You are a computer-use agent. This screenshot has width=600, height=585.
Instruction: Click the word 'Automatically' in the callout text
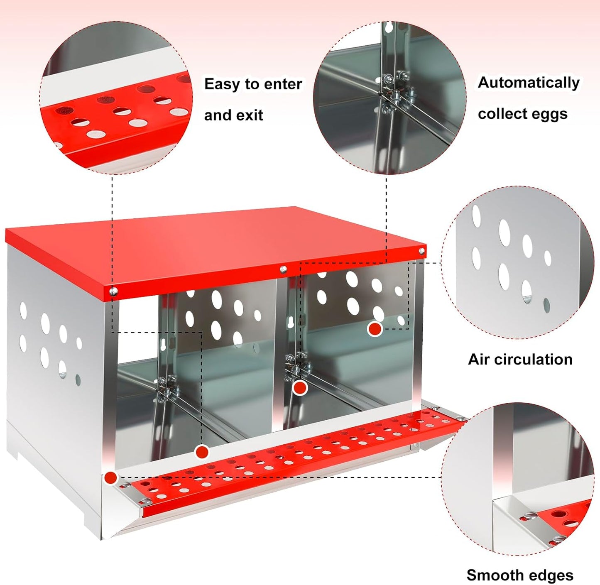point(529,83)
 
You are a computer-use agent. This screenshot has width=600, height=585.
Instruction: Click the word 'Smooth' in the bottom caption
point(491,575)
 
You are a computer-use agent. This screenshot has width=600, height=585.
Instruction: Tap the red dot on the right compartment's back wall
point(375,329)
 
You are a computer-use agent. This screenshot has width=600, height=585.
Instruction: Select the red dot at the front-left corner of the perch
point(110,478)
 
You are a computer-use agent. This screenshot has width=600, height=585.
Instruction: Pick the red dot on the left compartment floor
point(202,452)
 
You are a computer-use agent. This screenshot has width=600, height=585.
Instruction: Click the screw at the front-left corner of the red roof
point(114,291)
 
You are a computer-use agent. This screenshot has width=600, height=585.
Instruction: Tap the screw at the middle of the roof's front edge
point(283,270)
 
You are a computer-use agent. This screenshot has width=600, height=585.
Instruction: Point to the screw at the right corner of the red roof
point(421,251)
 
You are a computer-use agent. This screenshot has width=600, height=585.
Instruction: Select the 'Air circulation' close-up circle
point(518,262)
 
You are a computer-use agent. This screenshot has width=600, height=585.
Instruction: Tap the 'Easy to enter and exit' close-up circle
point(116,98)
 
